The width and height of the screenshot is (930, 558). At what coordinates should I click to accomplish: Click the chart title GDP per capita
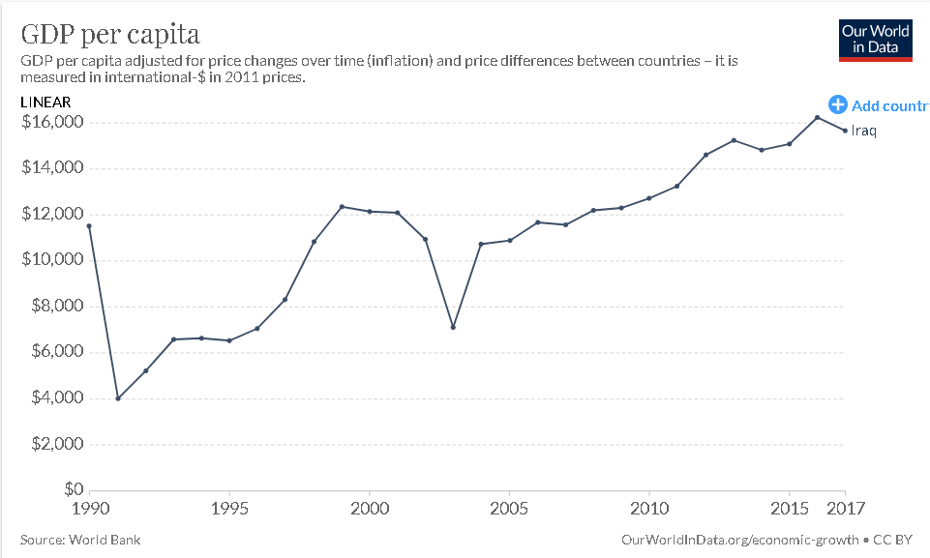pos(110,35)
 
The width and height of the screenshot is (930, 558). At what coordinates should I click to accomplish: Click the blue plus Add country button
pos(838,105)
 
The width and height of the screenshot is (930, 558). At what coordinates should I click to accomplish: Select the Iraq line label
pos(863,132)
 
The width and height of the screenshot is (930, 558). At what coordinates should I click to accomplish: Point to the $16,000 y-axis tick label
pos(52,123)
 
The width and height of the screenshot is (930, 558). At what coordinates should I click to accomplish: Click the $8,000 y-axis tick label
pos(56,307)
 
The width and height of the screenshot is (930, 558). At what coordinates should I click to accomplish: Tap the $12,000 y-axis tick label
pos(52,215)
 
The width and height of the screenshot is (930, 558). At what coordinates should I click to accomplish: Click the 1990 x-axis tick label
pos(89,508)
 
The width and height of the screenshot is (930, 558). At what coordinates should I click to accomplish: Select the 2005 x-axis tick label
pos(509,508)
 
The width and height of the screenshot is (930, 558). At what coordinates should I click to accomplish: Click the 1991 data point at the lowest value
pos(117,398)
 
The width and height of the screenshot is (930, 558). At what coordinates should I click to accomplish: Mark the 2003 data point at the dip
pos(453,327)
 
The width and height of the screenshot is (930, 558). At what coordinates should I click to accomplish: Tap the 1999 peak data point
pos(342,207)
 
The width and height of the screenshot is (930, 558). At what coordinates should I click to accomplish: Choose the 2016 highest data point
pos(818,118)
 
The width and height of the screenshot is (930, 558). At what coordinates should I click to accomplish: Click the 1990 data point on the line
pos(89,226)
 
